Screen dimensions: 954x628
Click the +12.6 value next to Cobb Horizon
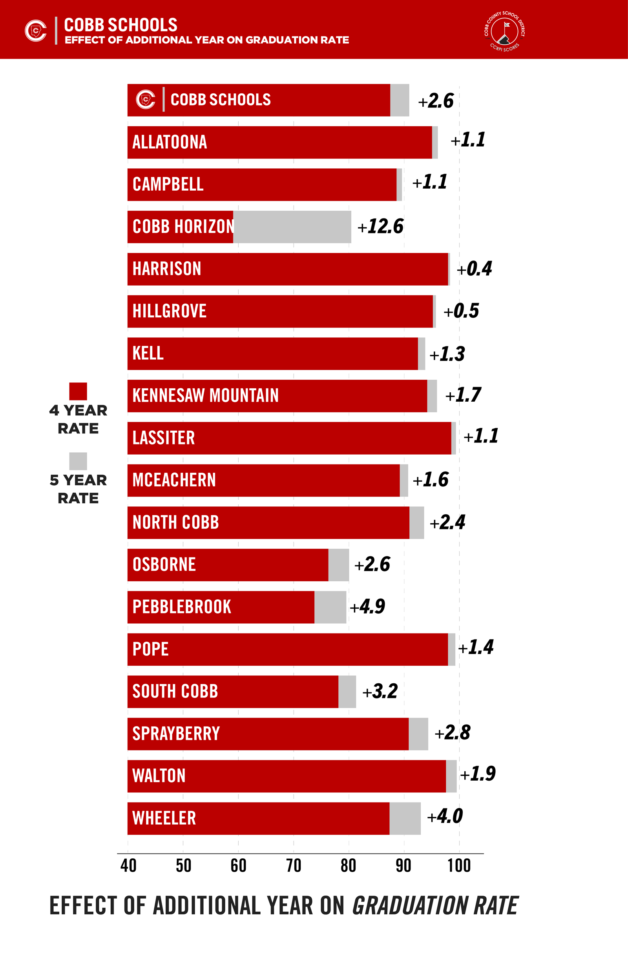pyautogui.click(x=380, y=226)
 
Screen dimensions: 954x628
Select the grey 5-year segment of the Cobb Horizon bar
pyautogui.click(x=292, y=227)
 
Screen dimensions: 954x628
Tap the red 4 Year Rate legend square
pyautogui.click(x=78, y=391)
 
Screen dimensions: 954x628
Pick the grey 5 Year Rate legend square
pyautogui.click(x=78, y=461)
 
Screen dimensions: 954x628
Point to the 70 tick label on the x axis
pyautogui.click(x=294, y=866)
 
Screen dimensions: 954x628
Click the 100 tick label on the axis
pyautogui.click(x=459, y=866)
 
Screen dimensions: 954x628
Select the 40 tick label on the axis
pyautogui.click(x=128, y=866)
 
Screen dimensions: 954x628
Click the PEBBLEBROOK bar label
pyautogui.click(x=182, y=607)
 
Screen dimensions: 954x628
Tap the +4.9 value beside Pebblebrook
pyautogui.click(x=367, y=606)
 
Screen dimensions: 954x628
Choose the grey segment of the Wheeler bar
pyautogui.click(x=405, y=818)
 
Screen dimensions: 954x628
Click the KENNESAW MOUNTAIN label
pyautogui.click(x=205, y=396)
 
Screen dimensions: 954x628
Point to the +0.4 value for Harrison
pyautogui.click(x=474, y=269)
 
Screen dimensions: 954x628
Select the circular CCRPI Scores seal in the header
pyautogui.click(x=504, y=32)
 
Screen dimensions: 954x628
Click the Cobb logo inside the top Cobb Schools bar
pyautogui.click(x=146, y=99)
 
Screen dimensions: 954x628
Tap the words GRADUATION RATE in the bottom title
pyautogui.click(x=435, y=906)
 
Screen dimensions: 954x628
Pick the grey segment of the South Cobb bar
pyautogui.click(x=347, y=692)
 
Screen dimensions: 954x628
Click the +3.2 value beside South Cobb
pyautogui.click(x=380, y=692)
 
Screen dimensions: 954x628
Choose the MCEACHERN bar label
pyautogui.click(x=174, y=480)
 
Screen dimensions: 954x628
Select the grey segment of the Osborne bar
pyautogui.click(x=338, y=565)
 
